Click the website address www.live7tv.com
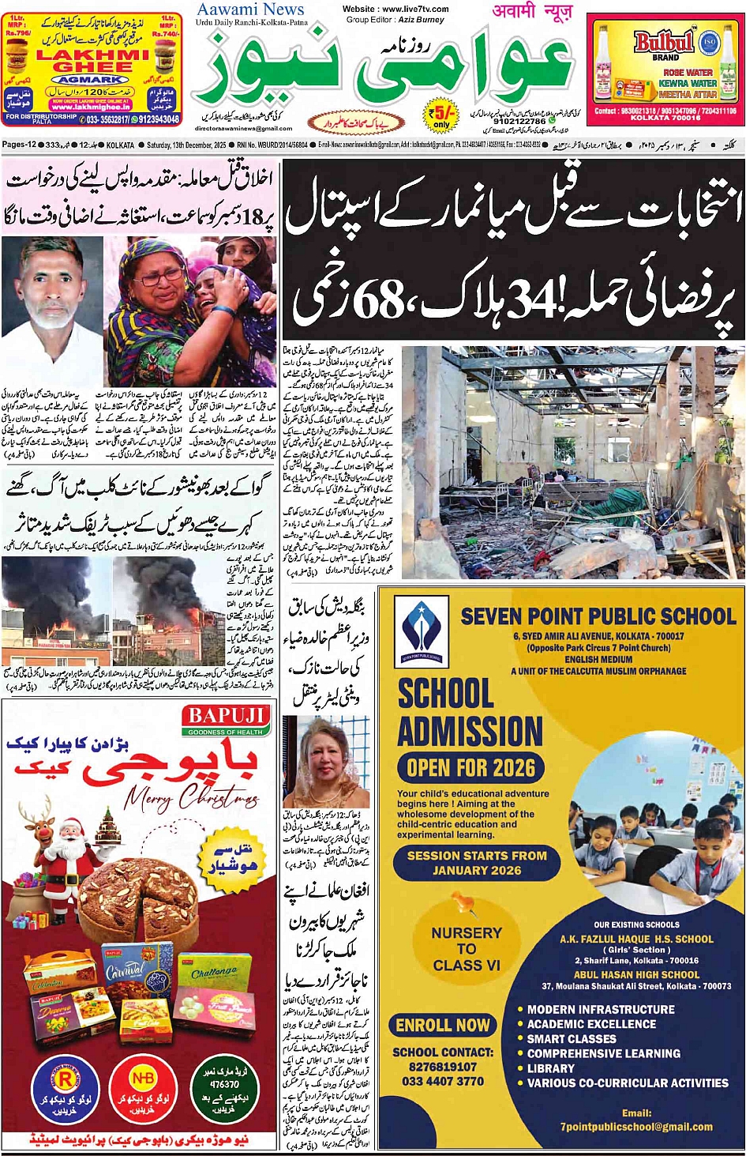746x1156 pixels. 395,9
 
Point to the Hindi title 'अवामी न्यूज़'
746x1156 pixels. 532,11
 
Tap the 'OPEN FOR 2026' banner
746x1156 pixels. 470,766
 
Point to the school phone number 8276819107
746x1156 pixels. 443,1066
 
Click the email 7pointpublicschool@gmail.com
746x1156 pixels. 636,1127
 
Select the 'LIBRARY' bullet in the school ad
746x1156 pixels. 551,1068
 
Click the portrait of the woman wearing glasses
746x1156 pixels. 325,763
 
